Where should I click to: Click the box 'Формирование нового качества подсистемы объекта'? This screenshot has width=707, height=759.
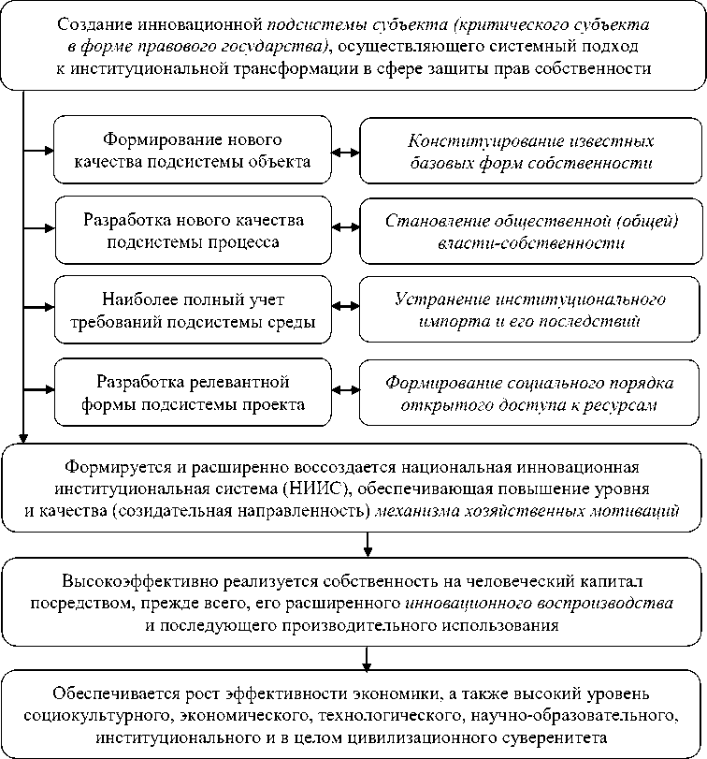[193, 150]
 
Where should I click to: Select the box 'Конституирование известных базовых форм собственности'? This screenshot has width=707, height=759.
[530, 151]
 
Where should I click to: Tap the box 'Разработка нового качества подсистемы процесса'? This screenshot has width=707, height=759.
[193, 230]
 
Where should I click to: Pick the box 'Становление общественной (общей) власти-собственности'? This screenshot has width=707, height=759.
[531, 231]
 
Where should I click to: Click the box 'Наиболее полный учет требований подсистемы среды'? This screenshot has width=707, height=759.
[193, 310]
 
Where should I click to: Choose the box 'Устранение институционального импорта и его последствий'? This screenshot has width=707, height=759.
[529, 310]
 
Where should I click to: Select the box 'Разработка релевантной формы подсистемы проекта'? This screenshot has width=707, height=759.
[193, 392]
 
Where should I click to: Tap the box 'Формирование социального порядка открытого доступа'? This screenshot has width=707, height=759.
[529, 392]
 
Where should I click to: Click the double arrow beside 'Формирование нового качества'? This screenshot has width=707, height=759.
[346, 153]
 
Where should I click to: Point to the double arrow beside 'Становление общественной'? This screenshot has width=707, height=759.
[346, 226]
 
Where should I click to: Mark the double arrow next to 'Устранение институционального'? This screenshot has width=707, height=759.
[346, 306]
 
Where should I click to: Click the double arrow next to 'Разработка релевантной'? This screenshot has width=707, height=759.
[346, 389]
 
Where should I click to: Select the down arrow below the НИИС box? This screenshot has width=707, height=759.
[368, 545]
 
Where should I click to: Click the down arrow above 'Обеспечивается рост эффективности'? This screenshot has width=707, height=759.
[367, 658]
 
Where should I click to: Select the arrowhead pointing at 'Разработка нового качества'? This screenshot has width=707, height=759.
[50, 228]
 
